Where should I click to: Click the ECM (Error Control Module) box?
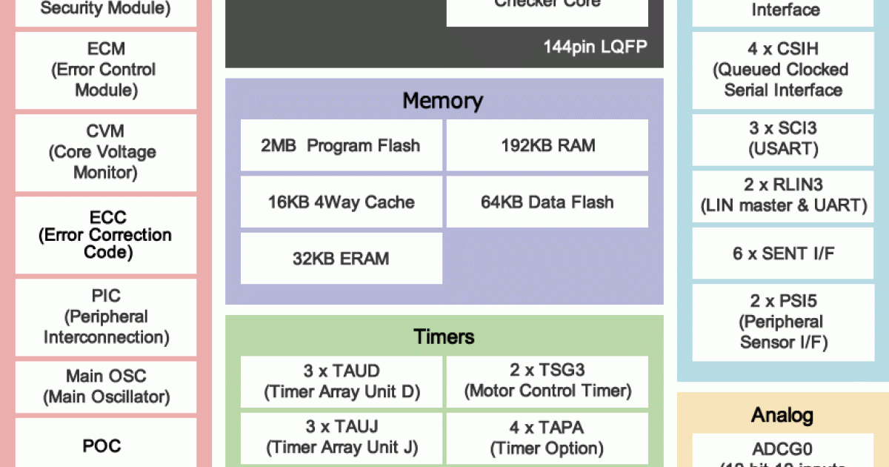pos(106,70)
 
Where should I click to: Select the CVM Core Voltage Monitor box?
pos(106,153)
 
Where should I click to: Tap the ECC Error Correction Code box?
pos(106,235)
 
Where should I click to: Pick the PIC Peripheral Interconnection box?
pos(106,317)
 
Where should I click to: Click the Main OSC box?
pos(106,386)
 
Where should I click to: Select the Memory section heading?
pos(443,101)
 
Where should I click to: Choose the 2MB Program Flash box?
pos(341,145)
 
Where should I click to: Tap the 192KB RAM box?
pos(547,145)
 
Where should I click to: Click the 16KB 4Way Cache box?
pos(341,202)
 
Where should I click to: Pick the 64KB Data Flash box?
pos(547,202)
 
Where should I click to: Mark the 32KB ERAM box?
pos(341,259)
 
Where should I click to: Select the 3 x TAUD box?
pos(342,381)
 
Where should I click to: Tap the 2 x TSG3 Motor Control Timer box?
pos(547,381)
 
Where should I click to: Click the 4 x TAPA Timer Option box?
pos(547,438)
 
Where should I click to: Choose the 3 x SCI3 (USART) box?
pos(784,139)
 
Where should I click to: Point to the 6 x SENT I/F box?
pos(784,254)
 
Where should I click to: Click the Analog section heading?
pos(782,415)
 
